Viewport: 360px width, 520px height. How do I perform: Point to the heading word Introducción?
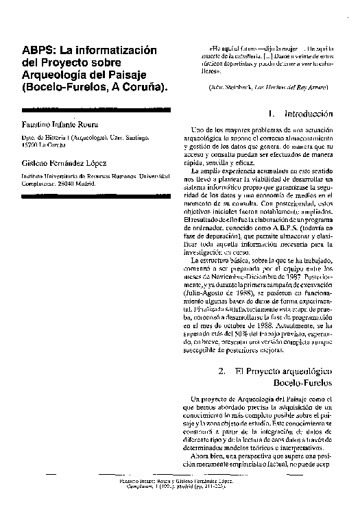point(309,113)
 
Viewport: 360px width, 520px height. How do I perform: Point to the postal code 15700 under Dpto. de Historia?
point(32,145)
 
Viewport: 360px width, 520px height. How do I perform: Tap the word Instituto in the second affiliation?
point(34,176)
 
